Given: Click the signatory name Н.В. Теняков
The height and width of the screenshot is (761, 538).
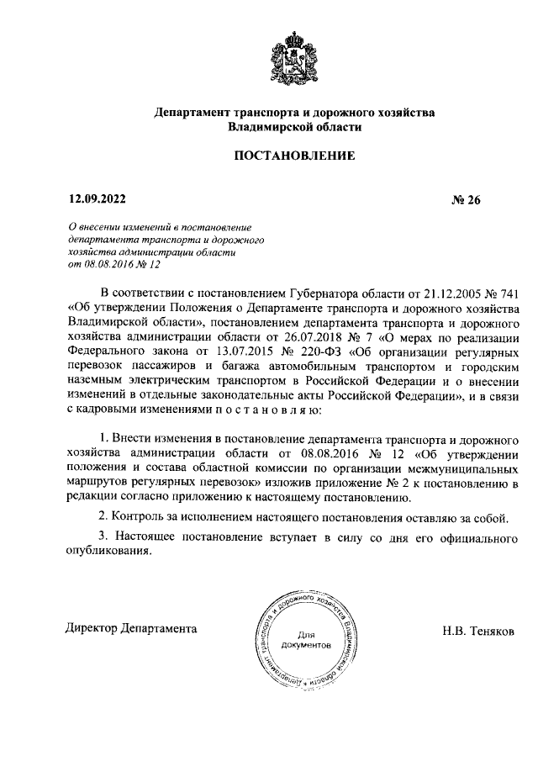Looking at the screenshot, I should click(x=483, y=629).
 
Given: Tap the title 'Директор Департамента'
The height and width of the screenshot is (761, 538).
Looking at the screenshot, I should click(x=132, y=628).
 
